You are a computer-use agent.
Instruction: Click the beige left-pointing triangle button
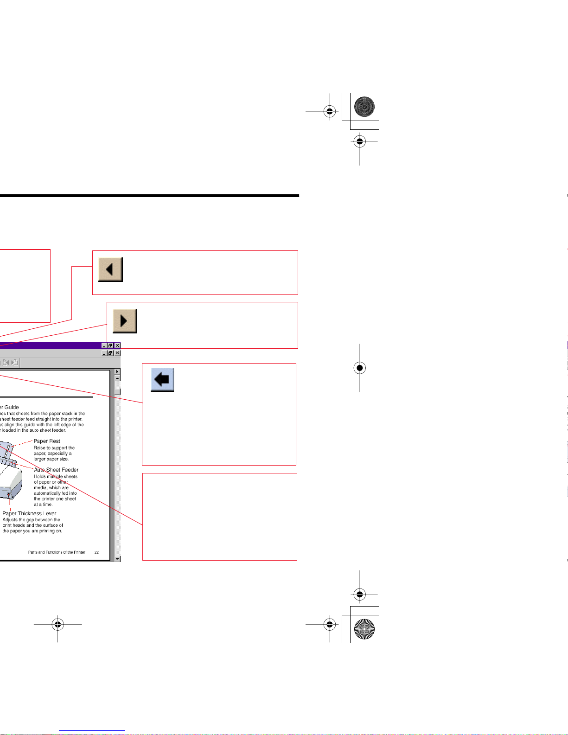110,269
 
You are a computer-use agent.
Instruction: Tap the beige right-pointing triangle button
125,321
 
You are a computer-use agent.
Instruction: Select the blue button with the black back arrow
162,380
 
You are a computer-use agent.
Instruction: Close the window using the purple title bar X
117,345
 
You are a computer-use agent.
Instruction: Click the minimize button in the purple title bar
104,345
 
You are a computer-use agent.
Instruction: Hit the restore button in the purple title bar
110,345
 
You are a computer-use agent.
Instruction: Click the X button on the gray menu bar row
117,353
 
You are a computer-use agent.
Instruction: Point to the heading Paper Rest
47,441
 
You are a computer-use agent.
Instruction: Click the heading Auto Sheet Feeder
56,470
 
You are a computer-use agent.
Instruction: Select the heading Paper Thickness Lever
29,513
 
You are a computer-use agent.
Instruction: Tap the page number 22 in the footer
96,552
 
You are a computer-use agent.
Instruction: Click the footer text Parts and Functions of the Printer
57,552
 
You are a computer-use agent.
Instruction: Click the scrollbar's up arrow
117,378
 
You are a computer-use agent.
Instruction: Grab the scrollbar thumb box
117,391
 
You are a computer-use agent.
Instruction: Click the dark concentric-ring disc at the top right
364,107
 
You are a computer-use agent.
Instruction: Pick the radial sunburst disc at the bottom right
364,629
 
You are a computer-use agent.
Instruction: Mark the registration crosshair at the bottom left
57,625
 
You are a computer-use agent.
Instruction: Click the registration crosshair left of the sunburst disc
330,625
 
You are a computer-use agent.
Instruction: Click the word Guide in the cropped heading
12,407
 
